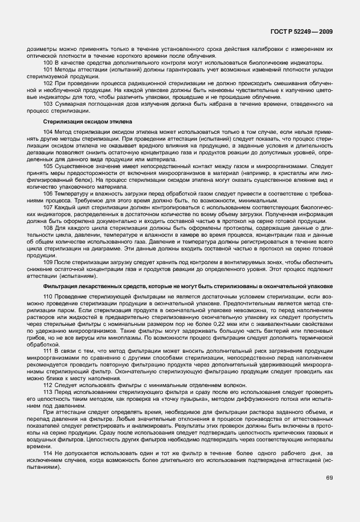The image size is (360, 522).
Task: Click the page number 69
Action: tap(329, 477)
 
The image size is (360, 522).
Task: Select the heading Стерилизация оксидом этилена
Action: tap(87, 122)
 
